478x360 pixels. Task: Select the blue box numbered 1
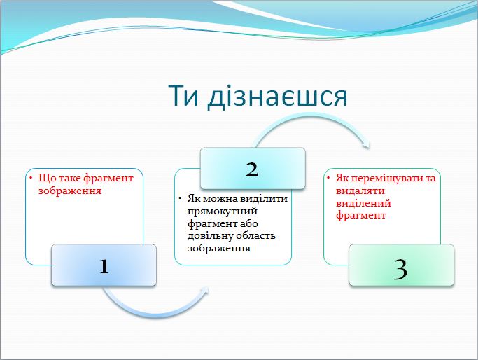point(104,265)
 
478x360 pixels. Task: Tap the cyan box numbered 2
point(253,169)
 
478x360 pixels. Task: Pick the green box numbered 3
point(401,265)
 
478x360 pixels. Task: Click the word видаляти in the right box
point(358,191)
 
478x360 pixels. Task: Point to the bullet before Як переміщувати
point(329,179)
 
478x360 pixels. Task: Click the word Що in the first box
point(46,178)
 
